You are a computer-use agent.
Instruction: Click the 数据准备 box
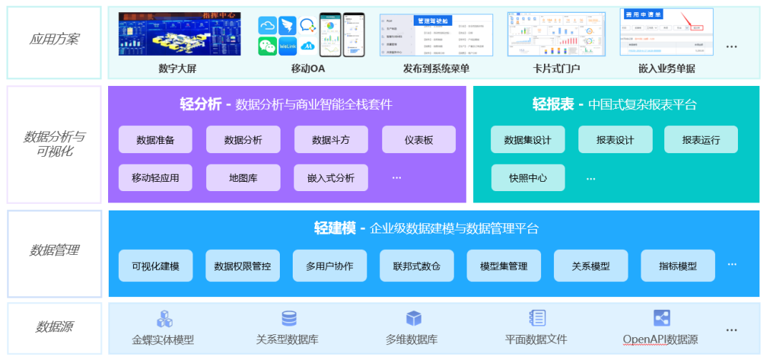tap(155, 140)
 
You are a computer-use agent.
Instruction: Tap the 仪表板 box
tap(419, 140)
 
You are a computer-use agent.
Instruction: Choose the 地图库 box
tap(243, 177)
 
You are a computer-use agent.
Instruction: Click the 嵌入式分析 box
tap(331, 177)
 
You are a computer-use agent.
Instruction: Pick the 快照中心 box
tap(528, 177)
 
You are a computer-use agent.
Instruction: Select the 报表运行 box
tap(701, 140)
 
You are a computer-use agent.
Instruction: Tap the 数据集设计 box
tap(528, 140)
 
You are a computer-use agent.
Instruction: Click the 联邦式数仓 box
tap(417, 266)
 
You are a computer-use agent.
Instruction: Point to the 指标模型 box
tap(677, 266)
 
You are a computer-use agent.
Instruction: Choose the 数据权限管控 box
tap(243, 266)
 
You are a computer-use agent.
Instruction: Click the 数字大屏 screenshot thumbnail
tap(180, 34)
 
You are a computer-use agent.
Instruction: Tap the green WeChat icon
tap(267, 47)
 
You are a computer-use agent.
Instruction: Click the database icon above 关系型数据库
tap(289, 318)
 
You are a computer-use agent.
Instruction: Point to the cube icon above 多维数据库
tap(414, 318)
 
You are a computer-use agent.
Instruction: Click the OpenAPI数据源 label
tap(660, 339)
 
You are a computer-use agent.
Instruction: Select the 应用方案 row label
tap(54, 39)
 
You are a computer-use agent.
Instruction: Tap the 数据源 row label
tap(54, 327)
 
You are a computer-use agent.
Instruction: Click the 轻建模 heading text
tap(334, 228)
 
